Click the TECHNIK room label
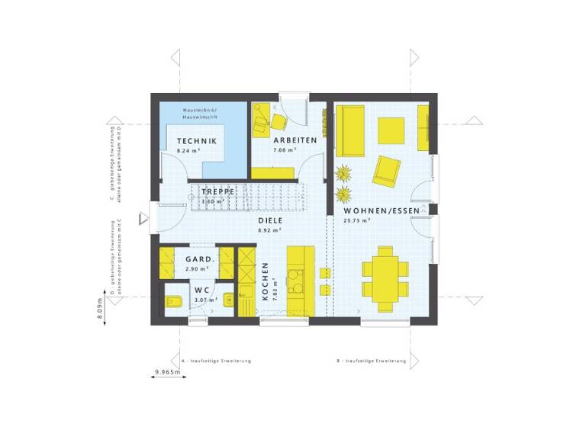pos(197,142)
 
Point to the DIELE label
pos(270,220)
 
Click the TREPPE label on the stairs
pos(217,192)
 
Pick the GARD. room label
pos(200,259)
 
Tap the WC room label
pos(201,291)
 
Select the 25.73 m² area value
pos(357,221)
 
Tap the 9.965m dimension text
pos(167,372)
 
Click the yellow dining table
pos(385,273)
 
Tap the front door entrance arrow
pos(143,220)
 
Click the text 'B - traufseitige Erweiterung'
pos(371,360)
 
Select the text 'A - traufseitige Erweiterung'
pos(217,360)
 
